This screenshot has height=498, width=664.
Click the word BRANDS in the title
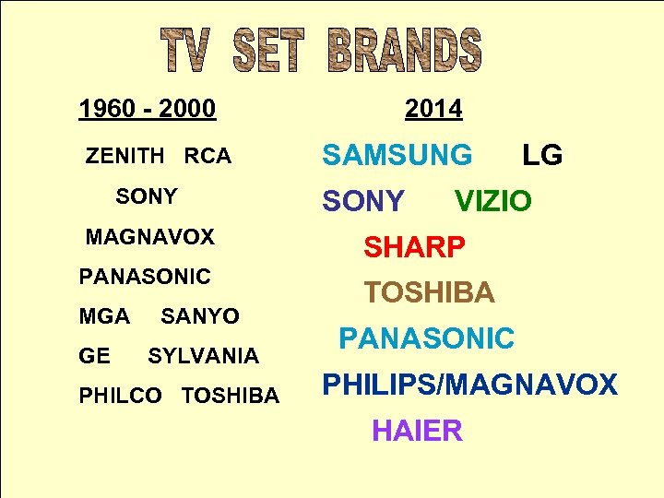pos(404,51)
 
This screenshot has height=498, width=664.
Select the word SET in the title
pos(268,51)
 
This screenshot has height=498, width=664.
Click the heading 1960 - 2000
pos(148,110)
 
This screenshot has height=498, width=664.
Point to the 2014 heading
pos(433,110)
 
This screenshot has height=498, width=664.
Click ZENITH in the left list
pos(125,157)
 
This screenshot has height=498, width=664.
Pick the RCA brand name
pos(207,157)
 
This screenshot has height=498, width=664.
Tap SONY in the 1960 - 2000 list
pos(147,196)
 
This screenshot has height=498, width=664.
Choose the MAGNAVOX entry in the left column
pos(149,237)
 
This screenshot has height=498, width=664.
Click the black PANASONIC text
pos(145,277)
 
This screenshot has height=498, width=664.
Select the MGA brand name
pos(104,316)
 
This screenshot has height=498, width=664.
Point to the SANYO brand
pos(200,316)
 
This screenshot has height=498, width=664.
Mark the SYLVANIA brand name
pos(203,356)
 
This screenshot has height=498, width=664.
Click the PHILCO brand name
pos(120,397)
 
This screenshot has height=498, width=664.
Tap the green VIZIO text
pos(493,201)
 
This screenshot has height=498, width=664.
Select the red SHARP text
pos(414,247)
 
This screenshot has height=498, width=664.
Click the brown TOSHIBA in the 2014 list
pos(429,293)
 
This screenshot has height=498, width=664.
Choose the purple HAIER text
pos(417,431)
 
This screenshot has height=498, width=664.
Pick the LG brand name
pos(542,156)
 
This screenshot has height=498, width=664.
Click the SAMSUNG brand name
pos(397,156)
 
